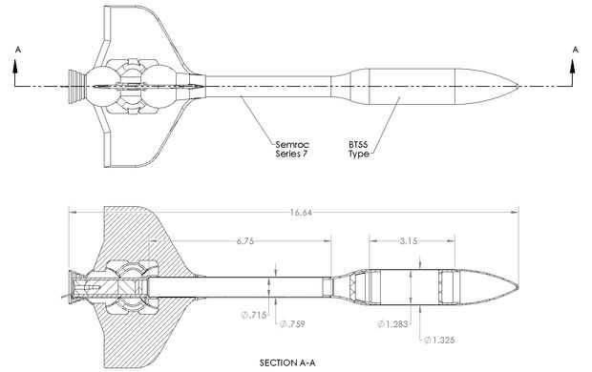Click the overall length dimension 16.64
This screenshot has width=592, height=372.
(301, 213)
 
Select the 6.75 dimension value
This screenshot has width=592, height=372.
(245, 241)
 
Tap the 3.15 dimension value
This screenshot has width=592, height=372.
(409, 241)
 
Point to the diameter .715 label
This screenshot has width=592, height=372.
(254, 315)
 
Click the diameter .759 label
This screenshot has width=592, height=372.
(292, 323)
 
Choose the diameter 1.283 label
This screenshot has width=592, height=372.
(392, 323)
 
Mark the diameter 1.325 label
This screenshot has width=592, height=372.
(439, 340)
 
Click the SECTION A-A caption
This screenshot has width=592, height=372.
(287, 363)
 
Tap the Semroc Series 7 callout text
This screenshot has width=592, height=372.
(292, 149)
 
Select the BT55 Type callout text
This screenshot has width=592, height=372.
(358, 150)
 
